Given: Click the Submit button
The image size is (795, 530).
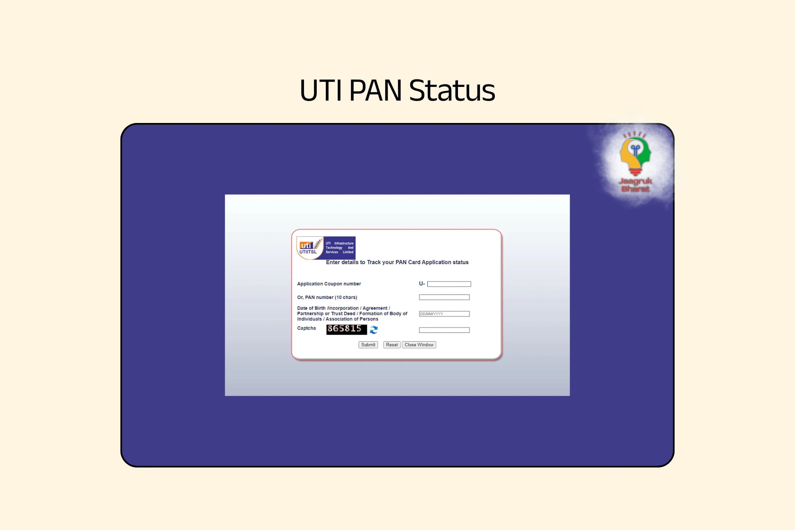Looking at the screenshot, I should coord(368,344).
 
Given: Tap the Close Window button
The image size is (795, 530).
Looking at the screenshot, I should coord(419,344).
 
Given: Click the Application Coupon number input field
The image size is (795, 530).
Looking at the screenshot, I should coord(449,284).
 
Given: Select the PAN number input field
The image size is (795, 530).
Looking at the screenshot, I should coord(444,297).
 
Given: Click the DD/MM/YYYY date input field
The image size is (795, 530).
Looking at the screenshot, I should coord(444,314).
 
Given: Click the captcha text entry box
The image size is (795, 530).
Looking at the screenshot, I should coord(444,330).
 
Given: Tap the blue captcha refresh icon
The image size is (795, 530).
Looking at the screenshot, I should coord(373,330).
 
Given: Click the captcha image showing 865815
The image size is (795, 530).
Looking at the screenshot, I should coord(346,329).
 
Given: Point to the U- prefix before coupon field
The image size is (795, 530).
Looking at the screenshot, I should coord(422,284).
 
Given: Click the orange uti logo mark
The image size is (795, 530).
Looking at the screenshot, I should coord(306,245).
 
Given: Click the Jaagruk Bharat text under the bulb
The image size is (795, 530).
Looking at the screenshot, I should coord(635,185).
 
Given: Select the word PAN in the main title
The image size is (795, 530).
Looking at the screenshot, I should coord(375,91).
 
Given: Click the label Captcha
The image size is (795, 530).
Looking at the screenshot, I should coord(306,328).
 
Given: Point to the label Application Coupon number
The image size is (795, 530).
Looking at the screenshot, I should coord(329,284).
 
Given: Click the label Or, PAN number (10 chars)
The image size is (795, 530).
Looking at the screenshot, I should coord(327,297).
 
